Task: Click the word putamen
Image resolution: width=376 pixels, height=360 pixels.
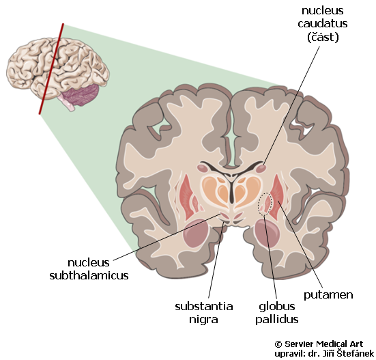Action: (x=328, y=295)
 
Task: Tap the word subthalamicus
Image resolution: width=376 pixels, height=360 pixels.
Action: (x=89, y=275)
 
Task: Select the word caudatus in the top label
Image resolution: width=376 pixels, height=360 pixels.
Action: (x=323, y=23)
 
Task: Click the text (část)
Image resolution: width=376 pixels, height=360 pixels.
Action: (x=323, y=37)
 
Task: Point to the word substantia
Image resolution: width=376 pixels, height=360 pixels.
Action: (x=204, y=307)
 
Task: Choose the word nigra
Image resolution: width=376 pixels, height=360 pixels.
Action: (x=203, y=320)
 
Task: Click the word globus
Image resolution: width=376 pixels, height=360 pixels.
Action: (x=277, y=307)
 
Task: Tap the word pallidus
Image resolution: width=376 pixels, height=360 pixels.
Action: (x=277, y=320)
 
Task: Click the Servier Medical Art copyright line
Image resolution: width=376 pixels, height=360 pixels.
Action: (x=319, y=344)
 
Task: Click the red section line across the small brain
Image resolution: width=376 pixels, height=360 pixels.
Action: (x=51, y=68)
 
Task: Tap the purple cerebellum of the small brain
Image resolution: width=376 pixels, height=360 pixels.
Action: (x=81, y=95)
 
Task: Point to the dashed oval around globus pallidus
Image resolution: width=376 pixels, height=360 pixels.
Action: (x=265, y=204)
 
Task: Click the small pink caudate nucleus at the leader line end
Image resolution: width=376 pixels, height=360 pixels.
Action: (x=261, y=169)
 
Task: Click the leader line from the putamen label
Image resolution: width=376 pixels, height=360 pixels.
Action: (x=300, y=244)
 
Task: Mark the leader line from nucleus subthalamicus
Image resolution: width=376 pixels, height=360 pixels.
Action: (x=167, y=236)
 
